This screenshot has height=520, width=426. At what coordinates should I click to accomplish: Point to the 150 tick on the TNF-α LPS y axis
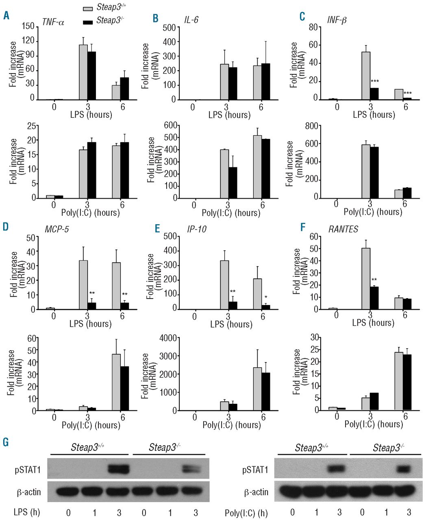(x=28, y=26)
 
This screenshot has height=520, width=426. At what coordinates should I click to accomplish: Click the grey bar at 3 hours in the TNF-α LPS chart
(x=83, y=72)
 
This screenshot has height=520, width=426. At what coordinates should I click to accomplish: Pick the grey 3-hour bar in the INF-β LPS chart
(x=365, y=76)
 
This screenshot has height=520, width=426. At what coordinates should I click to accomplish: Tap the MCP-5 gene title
(x=57, y=229)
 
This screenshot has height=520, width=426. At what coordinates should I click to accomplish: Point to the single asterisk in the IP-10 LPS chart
(x=265, y=298)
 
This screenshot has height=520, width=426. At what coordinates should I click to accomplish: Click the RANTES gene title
(x=343, y=229)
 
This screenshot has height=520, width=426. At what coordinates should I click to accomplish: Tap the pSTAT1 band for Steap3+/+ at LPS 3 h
(x=118, y=469)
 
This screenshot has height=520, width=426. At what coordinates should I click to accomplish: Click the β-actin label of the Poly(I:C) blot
(x=256, y=492)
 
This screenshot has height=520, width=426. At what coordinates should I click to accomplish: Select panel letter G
(x=6, y=442)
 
